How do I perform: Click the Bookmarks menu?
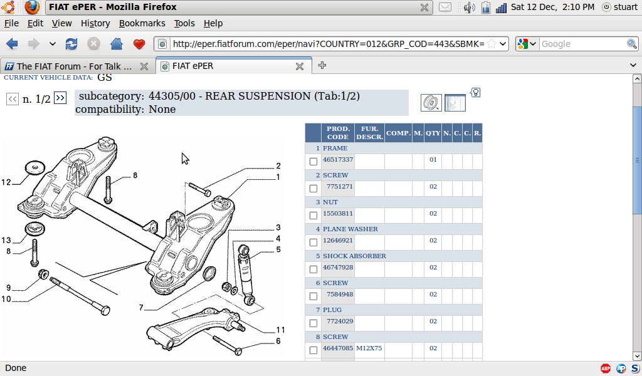[142, 23]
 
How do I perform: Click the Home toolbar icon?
[116, 44]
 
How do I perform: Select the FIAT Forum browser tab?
[75, 66]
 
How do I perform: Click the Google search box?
[582, 44]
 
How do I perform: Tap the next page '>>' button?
[60, 98]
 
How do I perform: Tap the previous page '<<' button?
[12, 98]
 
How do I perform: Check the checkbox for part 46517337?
[313, 162]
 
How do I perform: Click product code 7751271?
[339, 187]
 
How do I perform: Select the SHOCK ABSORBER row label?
[354, 256]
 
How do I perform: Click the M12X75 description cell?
[369, 348]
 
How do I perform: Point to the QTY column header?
[433, 133]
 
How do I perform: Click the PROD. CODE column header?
[338, 133]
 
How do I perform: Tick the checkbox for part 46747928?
[313, 269]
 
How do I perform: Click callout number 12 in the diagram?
[6, 183]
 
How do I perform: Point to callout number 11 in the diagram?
[280, 330]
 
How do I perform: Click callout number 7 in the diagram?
[142, 308]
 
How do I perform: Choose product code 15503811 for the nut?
[338, 214]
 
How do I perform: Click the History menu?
[95, 23]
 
